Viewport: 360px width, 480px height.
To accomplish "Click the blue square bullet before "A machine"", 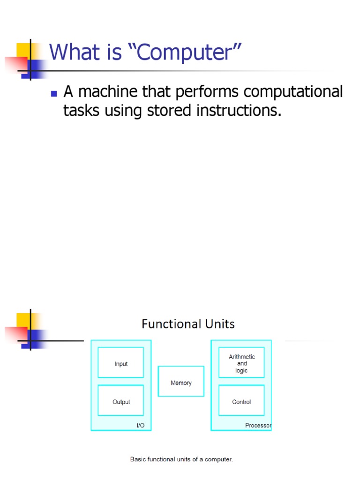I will tap(53, 94).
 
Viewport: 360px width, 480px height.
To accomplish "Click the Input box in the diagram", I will tap(121, 362).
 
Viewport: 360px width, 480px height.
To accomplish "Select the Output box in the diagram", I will tap(121, 400).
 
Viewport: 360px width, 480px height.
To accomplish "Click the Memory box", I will tap(181, 382).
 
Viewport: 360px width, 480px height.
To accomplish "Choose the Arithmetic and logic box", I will tap(241, 362).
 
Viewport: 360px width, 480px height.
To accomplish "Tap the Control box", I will tap(241, 400).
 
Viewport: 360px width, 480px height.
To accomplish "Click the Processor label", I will tap(258, 426).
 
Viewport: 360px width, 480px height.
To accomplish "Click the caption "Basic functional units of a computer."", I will tap(181, 459).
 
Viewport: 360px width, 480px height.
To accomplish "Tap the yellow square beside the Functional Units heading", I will tap(24, 321).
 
